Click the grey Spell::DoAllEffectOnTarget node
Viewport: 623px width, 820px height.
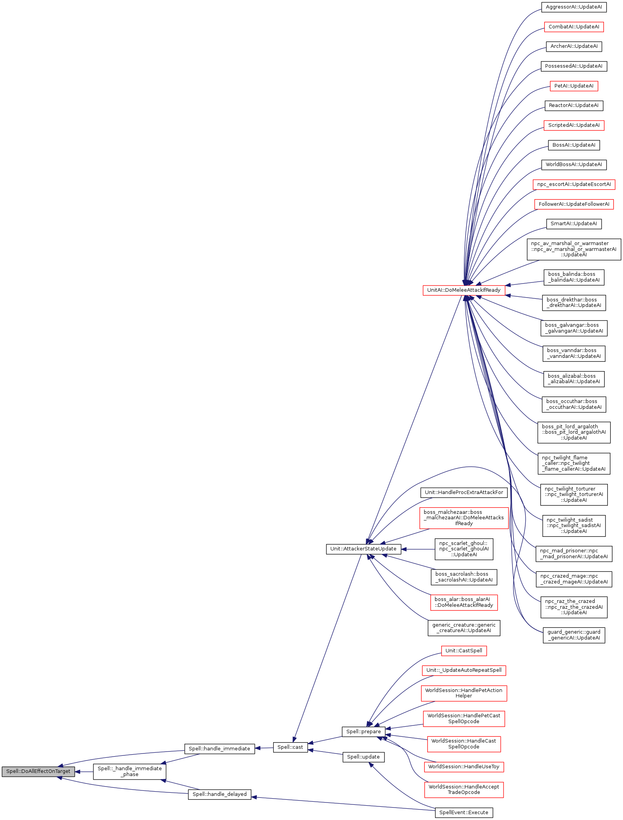point(38,771)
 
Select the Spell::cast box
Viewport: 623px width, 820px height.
point(290,747)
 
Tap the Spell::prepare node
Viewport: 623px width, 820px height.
point(363,732)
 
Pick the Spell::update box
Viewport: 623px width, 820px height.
point(363,757)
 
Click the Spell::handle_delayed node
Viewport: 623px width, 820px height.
point(219,794)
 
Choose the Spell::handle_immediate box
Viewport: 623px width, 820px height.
point(219,749)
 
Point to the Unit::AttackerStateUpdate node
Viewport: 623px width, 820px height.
point(363,549)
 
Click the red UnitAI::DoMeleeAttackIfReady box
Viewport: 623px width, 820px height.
point(463,290)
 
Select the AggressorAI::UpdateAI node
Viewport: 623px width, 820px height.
point(574,7)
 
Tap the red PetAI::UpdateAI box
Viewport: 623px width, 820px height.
point(574,86)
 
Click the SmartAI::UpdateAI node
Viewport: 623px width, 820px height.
point(574,224)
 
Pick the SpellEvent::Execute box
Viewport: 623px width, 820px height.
point(463,813)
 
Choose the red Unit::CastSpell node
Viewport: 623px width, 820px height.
point(463,651)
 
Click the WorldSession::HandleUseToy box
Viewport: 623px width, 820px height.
point(463,767)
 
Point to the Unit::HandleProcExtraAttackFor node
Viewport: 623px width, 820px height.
point(463,492)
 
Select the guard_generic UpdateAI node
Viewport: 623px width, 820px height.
point(574,635)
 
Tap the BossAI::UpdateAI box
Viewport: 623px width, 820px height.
point(574,145)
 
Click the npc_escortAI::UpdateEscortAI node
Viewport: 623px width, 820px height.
point(574,184)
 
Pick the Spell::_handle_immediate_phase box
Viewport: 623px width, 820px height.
point(130,771)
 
